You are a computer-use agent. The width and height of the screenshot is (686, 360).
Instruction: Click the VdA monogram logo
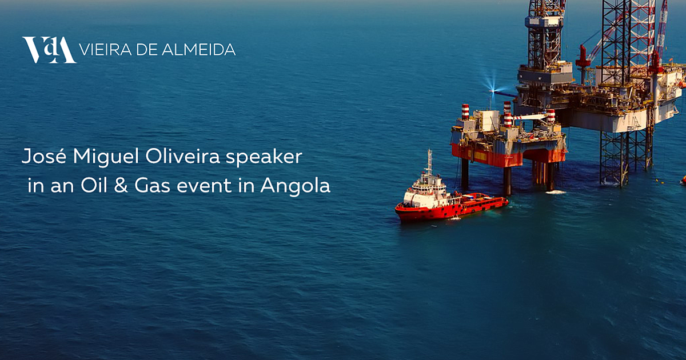tap(49, 50)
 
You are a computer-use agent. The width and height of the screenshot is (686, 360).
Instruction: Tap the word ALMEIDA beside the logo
tap(198, 50)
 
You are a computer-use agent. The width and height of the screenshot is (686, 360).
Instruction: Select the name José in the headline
tap(44, 156)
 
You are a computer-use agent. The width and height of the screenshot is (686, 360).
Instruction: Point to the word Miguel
tap(106, 157)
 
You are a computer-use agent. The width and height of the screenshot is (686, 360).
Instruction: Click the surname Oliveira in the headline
tap(182, 156)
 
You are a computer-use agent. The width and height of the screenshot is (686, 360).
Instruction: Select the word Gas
tap(152, 185)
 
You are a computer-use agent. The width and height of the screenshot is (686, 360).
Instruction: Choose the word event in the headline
tap(204, 186)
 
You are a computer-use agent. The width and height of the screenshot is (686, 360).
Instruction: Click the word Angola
tap(296, 186)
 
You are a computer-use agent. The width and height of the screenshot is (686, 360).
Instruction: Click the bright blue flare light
tap(492, 91)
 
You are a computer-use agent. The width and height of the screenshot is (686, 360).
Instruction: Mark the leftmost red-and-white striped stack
tap(465, 111)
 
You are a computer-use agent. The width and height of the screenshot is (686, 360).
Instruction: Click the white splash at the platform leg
tap(556, 192)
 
